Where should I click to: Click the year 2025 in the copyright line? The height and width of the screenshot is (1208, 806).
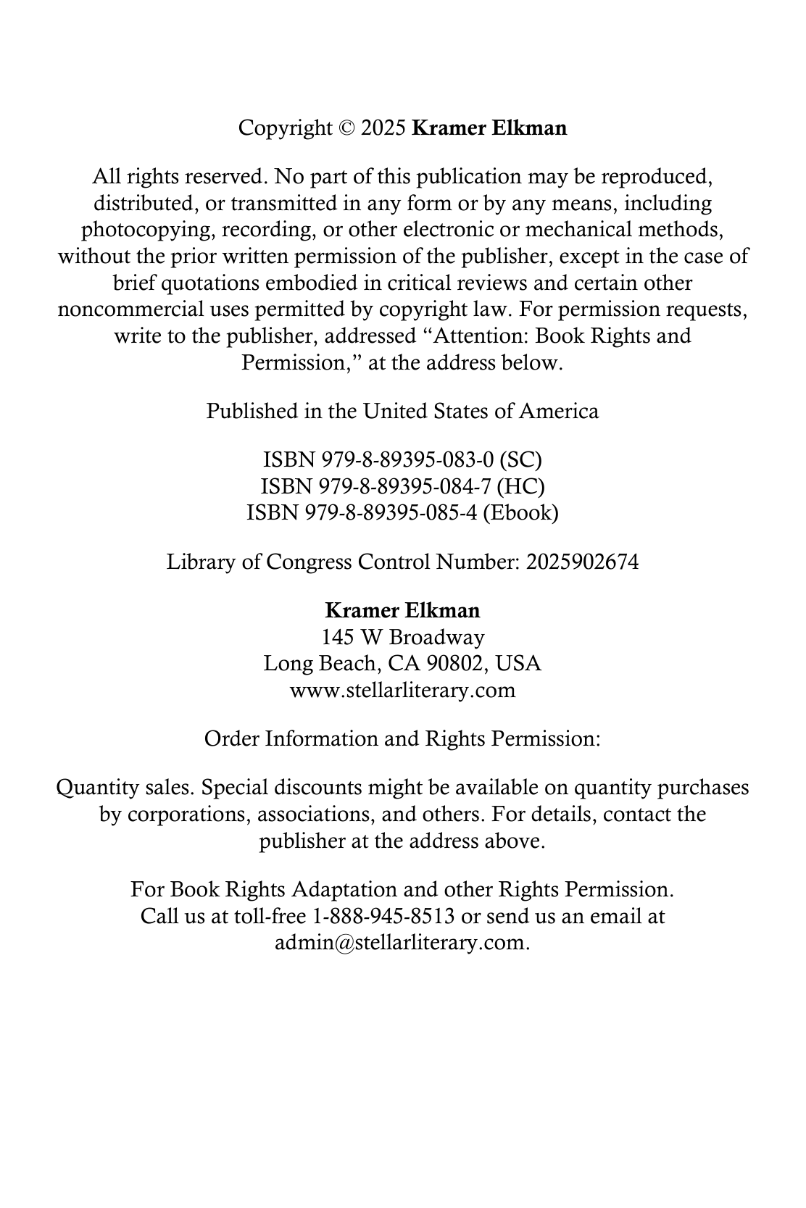pos(383,128)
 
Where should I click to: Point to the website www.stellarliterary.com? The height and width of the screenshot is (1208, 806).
pos(402,690)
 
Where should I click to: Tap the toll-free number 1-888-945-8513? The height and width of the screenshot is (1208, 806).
pos(383,916)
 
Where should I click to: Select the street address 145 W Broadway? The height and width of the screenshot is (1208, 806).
pos(403,637)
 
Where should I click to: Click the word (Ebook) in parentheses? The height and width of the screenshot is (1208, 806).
pos(520,513)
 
